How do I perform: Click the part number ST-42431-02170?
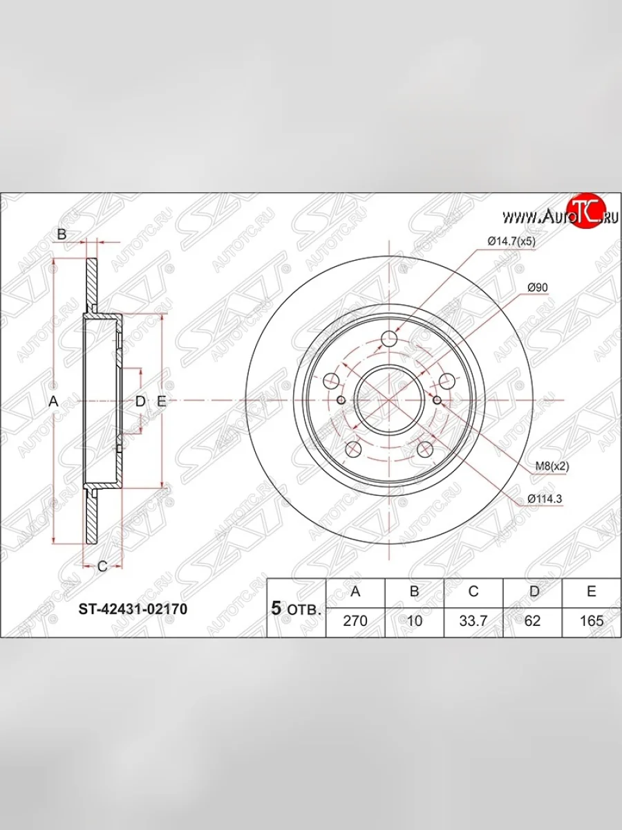[132, 609]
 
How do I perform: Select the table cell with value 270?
[355, 620]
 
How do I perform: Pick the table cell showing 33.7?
[473, 620]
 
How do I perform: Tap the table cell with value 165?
[592, 620]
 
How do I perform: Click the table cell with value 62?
[532, 620]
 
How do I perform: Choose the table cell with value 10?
[415, 620]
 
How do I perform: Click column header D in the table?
[532, 592]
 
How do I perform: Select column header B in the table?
[415, 592]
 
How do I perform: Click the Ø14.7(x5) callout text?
[512, 241]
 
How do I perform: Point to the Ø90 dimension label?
[537, 287]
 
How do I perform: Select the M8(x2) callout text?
[552, 466]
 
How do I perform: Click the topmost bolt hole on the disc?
[390, 338]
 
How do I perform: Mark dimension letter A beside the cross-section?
[53, 401]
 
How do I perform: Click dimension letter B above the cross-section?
[62, 234]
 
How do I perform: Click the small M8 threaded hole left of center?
[341, 400]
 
